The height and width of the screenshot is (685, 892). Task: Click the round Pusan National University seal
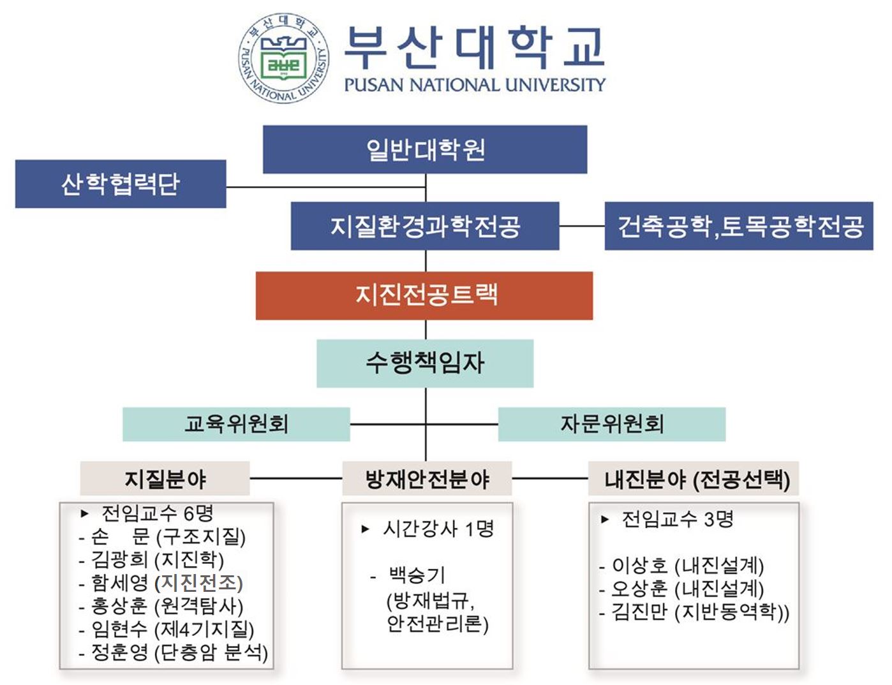pos(285,59)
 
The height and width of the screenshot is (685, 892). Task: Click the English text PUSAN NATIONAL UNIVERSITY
pos(474,85)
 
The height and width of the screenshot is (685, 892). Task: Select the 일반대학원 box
pos(425,149)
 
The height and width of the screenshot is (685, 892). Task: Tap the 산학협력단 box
pos(121,184)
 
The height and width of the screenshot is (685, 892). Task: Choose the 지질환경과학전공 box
pos(425,226)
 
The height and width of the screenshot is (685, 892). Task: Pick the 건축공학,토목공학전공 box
pos(739,226)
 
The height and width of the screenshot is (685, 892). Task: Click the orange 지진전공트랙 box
pos(424,295)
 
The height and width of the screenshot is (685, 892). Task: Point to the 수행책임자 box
pos(425,363)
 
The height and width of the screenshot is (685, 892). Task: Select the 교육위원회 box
pos(236,424)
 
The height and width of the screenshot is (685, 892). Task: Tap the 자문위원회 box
pos(611,424)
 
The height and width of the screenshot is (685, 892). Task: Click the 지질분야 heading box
pos(165,479)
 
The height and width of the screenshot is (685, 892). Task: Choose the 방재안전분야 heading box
pos(427,479)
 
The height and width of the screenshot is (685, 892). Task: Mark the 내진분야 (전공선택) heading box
pos(694,479)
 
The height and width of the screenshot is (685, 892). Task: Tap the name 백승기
pos(417,575)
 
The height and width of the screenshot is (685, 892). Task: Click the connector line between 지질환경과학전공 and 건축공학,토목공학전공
pos(582,226)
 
